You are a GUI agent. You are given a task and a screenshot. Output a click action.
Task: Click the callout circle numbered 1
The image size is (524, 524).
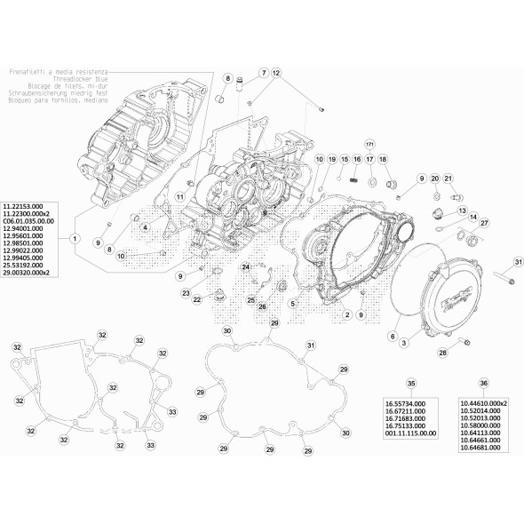click(x=75, y=239)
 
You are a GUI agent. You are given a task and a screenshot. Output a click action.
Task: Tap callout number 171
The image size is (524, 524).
click(x=370, y=143)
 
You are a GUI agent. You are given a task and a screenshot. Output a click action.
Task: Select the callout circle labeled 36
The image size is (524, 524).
click(x=483, y=384)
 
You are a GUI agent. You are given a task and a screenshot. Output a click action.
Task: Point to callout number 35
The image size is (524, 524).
click(x=410, y=384)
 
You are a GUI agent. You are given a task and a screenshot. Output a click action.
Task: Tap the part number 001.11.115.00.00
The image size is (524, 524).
click(x=410, y=433)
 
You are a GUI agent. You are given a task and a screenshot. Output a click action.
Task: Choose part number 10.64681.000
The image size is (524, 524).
click(x=480, y=447)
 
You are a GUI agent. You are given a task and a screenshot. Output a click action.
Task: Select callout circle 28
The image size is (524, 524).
click(x=442, y=353)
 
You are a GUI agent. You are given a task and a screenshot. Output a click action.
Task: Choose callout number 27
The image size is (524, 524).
click(x=484, y=223)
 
